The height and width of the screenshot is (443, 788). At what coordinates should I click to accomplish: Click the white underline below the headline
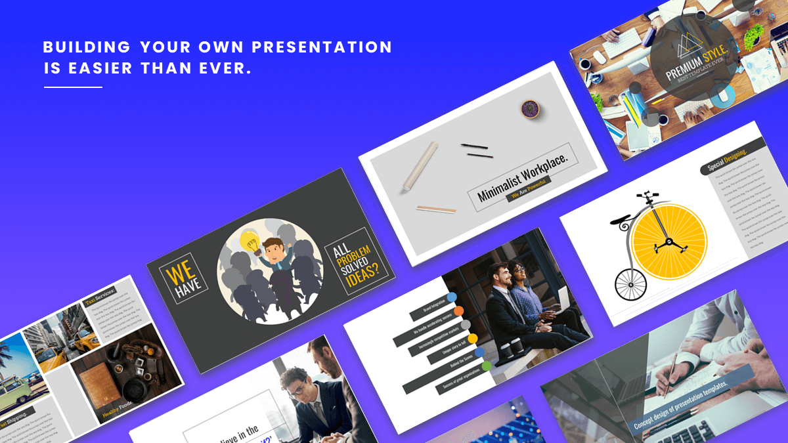[73, 87]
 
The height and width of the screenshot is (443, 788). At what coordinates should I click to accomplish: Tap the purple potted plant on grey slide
[529, 109]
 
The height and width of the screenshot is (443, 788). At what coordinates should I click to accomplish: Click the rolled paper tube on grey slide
[420, 165]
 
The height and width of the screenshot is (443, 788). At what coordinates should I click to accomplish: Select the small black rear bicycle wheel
[630, 284]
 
